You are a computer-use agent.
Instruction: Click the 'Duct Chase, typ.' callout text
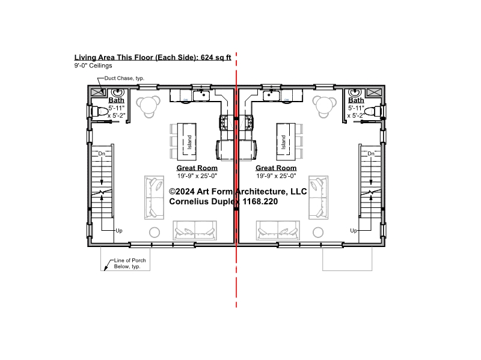click(x=124, y=78)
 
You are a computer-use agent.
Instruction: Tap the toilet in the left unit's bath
click(x=98, y=111)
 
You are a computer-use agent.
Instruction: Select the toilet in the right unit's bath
click(x=374, y=111)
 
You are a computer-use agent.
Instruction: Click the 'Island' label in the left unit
click(x=189, y=142)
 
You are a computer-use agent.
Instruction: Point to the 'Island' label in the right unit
click(x=283, y=142)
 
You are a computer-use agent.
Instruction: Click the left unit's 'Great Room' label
click(x=197, y=168)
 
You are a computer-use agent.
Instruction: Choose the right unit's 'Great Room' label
click(x=276, y=168)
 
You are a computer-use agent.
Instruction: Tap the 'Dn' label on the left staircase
click(x=102, y=153)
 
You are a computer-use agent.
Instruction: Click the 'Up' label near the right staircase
click(x=354, y=231)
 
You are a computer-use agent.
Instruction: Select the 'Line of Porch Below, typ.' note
click(x=130, y=263)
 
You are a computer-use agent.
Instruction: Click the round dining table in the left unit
click(x=149, y=106)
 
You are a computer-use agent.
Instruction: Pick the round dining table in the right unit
click(x=325, y=106)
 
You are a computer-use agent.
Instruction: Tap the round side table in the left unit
click(x=155, y=232)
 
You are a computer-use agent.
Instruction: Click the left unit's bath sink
click(x=117, y=93)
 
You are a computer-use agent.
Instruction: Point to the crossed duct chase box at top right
click(x=374, y=92)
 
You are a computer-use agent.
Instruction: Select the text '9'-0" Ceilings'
click(x=93, y=66)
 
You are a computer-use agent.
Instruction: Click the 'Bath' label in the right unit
click(x=356, y=100)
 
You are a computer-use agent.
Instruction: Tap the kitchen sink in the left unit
click(x=201, y=96)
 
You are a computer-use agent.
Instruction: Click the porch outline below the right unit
click(x=348, y=270)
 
